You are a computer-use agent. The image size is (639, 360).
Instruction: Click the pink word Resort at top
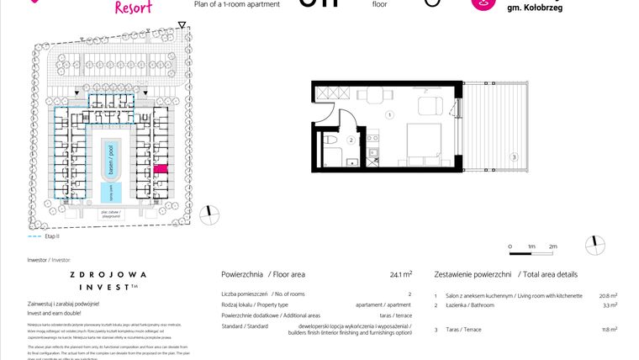(x=132, y=8)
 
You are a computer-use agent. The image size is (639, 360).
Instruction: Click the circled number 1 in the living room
(x=390, y=114)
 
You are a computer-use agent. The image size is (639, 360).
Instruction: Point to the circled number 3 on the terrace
(x=513, y=156)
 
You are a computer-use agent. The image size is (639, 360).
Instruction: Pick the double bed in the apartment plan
(x=425, y=140)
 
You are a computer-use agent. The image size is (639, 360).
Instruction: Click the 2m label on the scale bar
(x=552, y=246)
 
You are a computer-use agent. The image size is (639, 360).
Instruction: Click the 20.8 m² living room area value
(x=608, y=295)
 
